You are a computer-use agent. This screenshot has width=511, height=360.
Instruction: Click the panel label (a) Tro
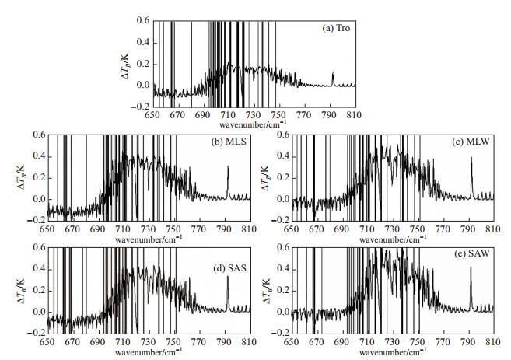[335, 27]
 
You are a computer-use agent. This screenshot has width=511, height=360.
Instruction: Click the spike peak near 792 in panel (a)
[333, 73]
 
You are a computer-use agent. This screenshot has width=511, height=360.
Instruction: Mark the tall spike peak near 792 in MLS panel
[228, 166]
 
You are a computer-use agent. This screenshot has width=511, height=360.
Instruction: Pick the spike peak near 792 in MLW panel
[471, 166]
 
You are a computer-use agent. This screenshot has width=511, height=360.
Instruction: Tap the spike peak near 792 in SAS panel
[228, 277]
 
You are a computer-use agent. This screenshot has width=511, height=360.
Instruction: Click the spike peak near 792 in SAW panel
[471, 268]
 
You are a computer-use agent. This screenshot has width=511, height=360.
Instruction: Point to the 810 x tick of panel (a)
[355, 115]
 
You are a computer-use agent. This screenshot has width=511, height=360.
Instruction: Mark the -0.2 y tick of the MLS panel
[36, 221]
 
